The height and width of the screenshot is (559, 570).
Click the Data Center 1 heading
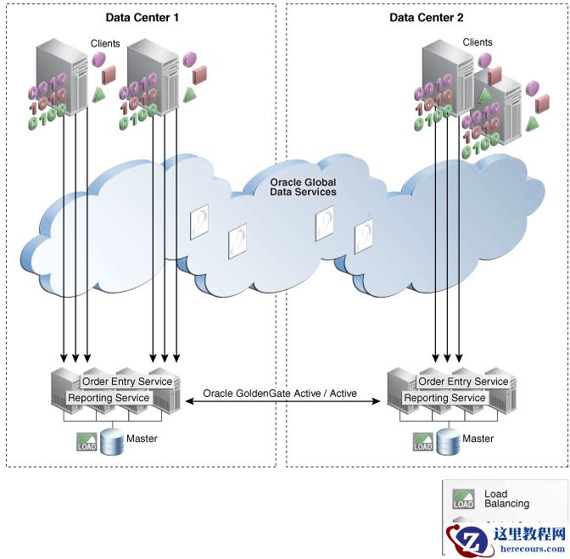(x=142, y=18)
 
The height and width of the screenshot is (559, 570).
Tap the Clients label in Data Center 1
(x=106, y=43)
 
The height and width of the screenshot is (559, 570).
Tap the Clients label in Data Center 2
(x=478, y=42)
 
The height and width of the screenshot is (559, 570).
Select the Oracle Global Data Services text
(x=303, y=187)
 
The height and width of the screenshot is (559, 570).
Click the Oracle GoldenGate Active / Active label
(x=280, y=394)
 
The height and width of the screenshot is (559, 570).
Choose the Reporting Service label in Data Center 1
(x=109, y=398)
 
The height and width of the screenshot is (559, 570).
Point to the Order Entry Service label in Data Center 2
(x=464, y=382)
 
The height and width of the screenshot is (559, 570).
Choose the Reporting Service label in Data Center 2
(x=444, y=398)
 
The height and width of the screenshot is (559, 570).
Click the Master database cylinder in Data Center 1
(x=111, y=442)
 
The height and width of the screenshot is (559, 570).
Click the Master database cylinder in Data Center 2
(x=449, y=442)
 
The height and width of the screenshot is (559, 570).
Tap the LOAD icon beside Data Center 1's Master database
(x=87, y=442)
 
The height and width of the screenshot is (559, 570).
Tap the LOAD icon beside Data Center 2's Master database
(x=423, y=442)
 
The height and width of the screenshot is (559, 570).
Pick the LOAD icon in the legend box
(x=463, y=499)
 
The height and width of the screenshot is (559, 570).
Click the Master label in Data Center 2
(x=478, y=439)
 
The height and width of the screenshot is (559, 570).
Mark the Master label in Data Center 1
(x=142, y=439)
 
